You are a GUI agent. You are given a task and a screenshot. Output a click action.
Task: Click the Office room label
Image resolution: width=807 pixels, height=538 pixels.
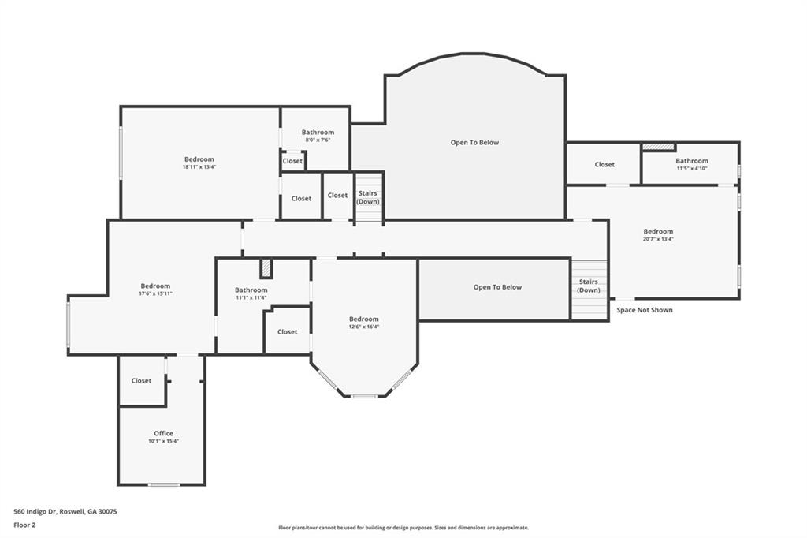click(x=164, y=433)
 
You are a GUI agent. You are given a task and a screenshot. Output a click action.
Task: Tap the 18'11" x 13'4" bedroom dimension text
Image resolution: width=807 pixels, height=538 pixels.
click(x=199, y=167)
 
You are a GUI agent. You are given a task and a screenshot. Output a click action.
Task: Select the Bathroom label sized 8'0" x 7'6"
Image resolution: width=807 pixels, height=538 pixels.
click(x=318, y=133)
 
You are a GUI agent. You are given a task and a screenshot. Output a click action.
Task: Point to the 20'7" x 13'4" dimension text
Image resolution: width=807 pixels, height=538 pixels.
click(x=658, y=239)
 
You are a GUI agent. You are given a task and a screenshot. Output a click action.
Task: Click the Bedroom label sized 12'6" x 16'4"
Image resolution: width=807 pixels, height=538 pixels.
click(x=364, y=319)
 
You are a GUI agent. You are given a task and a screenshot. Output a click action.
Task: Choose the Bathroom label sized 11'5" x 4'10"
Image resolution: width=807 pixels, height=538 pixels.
click(x=692, y=161)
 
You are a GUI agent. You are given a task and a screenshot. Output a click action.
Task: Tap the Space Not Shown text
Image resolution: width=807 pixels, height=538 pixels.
click(x=645, y=310)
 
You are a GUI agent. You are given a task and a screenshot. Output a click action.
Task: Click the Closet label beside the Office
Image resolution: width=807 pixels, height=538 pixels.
click(x=141, y=381)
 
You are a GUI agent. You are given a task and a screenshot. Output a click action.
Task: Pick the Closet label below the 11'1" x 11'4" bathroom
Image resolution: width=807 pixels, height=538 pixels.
click(x=287, y=332)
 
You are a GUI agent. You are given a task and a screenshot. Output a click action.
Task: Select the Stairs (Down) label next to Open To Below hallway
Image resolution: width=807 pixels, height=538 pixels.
click(x=368, y=197)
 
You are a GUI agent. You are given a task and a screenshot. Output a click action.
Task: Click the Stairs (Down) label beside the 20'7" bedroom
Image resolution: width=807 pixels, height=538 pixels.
click(x=588, y=286)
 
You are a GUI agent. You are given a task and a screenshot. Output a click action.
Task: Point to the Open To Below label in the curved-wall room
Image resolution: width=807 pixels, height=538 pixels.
click(x=474, y=142)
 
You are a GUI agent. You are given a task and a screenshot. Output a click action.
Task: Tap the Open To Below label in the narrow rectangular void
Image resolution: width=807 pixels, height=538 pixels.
click(x=498, y=287)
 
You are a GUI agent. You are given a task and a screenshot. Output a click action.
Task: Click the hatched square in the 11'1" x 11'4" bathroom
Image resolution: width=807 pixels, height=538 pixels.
click(x=266, y=268)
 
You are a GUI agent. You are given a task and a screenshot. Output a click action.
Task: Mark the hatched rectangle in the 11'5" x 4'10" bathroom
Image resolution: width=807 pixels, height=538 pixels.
click(x=658, y=147)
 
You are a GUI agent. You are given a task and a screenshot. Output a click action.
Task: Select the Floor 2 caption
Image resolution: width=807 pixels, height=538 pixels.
click(x=24, y=525)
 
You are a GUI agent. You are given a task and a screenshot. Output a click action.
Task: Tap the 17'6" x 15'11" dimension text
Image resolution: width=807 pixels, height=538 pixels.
click(x=155, y=293)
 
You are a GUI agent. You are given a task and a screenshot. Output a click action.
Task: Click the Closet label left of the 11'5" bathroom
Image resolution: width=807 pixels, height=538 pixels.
click(x=604, y=164)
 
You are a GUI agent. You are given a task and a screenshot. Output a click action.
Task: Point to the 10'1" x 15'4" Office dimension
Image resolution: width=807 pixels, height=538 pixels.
click(x=164, y=441)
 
